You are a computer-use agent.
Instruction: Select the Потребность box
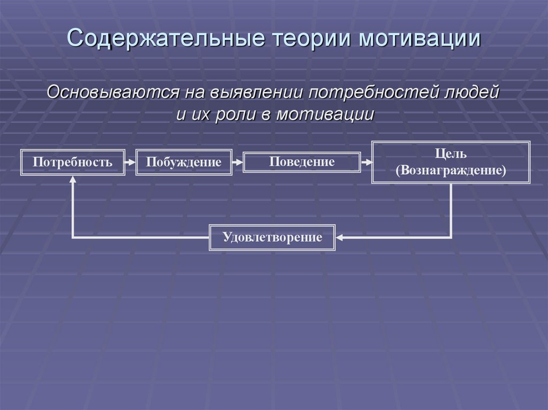pyautogui.click(x=72, y=162)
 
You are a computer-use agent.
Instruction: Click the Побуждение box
pyautogui.click(x=184, y=162)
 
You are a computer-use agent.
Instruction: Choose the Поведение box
pyautogui.click(x=302, y=162)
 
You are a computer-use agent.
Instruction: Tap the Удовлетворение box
pyautogui.click(x=272, y=237)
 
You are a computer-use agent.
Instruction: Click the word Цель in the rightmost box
pyautogui.click(x=451, y=154)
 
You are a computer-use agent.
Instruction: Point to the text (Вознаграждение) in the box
pyautogui.click(x=451, y=171)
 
